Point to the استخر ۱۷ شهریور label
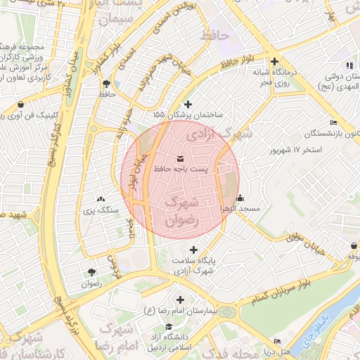[x=296, y=150]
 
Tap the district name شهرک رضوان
[x=181, y=210]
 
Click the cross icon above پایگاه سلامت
[x=193, y=250]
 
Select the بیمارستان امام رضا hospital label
[x=181, y=310]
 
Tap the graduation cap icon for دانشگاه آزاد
[x=168, y=326]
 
